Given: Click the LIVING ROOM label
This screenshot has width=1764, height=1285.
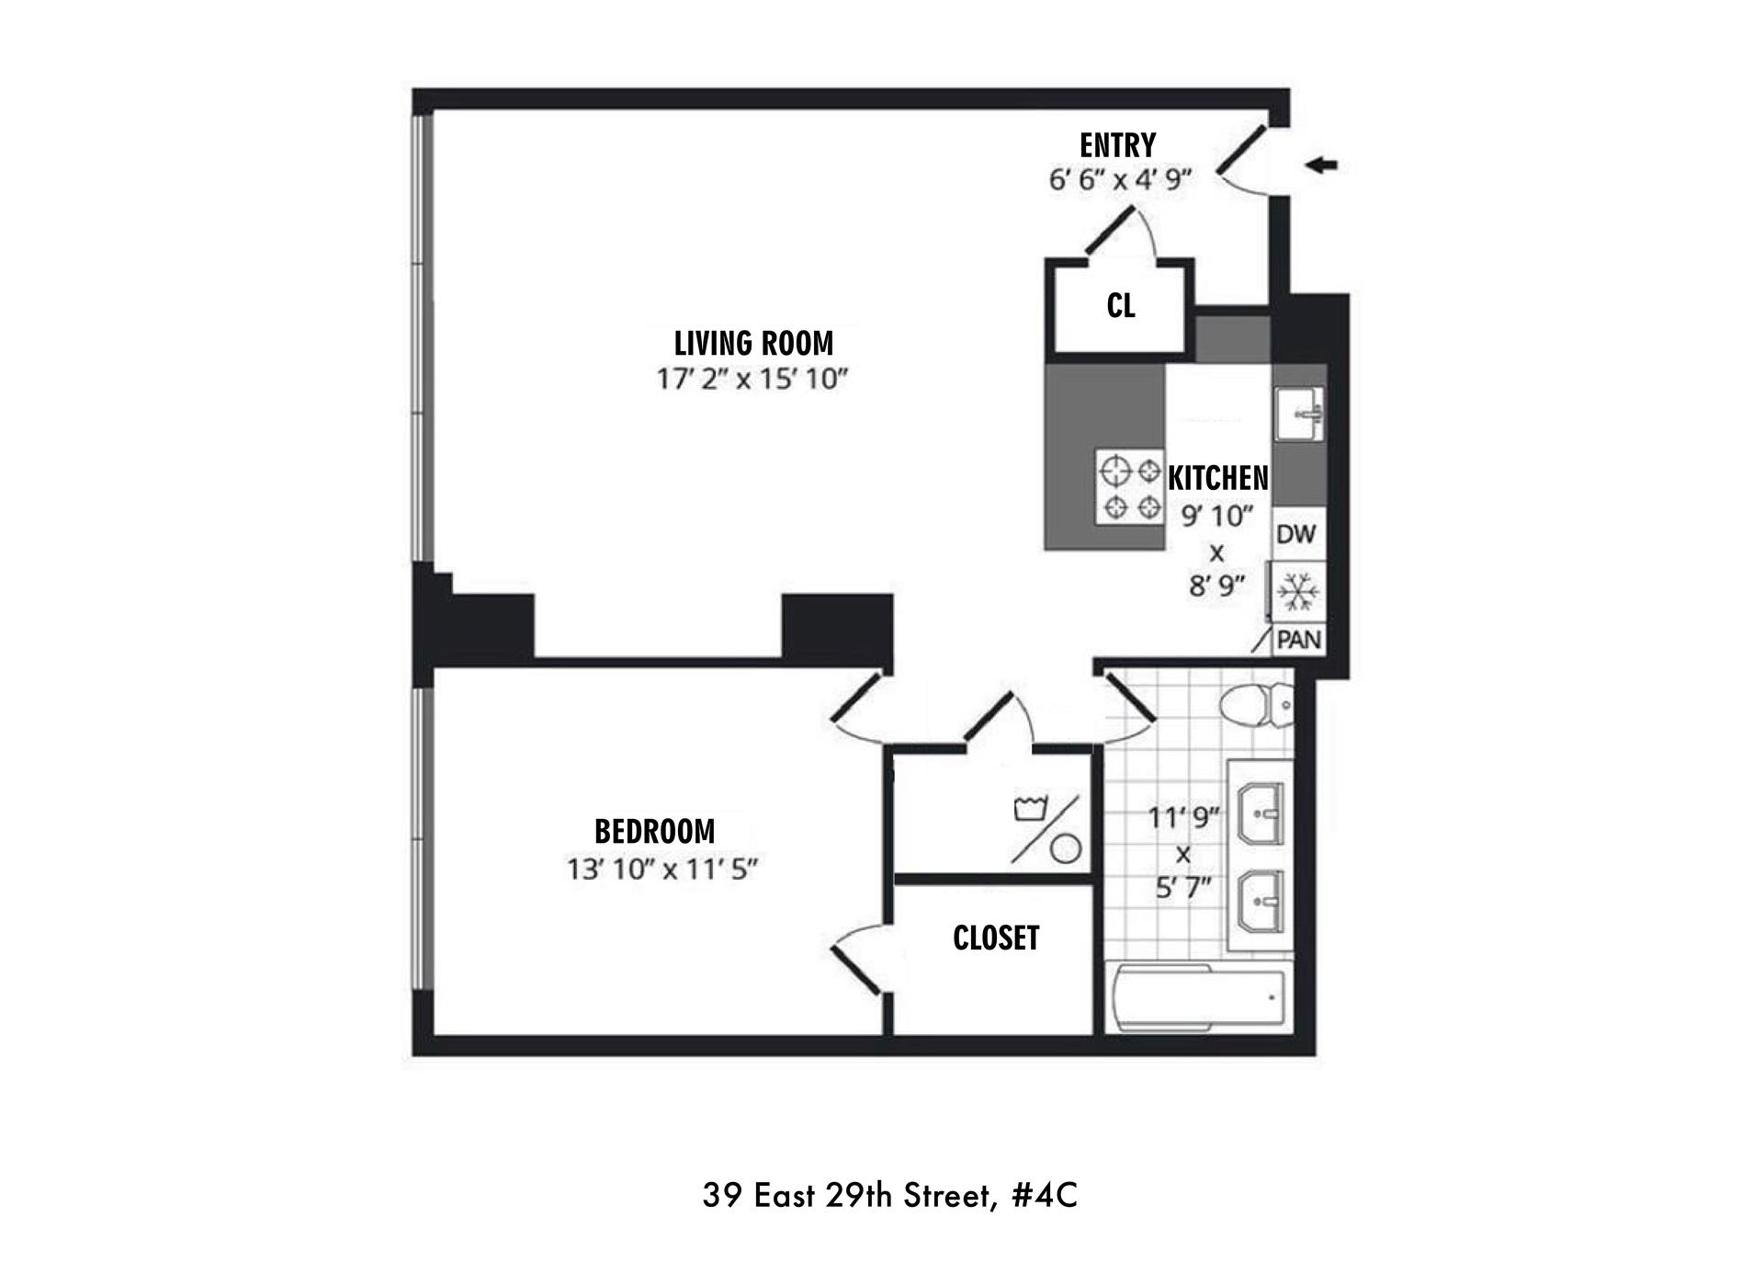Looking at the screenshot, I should [753, 343].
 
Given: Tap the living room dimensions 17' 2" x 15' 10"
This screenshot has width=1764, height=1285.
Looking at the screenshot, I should [751, 379].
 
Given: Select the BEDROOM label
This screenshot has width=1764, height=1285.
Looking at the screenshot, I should [654, 831].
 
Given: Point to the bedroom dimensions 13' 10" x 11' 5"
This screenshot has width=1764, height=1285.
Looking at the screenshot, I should [661, 869].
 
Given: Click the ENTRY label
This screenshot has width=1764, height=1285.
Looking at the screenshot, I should [1117, 145].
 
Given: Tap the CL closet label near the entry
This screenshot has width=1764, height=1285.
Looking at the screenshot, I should [1120, 305].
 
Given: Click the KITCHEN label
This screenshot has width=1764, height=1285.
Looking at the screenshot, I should [1217, 478].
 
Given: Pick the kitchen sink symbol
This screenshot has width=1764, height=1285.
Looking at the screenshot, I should [1298, 414].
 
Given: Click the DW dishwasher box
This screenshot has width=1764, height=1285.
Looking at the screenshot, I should [1296, 534].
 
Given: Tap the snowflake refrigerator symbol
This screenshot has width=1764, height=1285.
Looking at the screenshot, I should [1297, 593].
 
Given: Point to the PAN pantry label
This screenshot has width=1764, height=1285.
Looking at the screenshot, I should [1298, 640].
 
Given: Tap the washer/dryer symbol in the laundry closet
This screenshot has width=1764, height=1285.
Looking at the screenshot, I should [1046, 827].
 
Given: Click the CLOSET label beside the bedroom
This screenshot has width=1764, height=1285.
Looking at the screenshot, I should [996, 938].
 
